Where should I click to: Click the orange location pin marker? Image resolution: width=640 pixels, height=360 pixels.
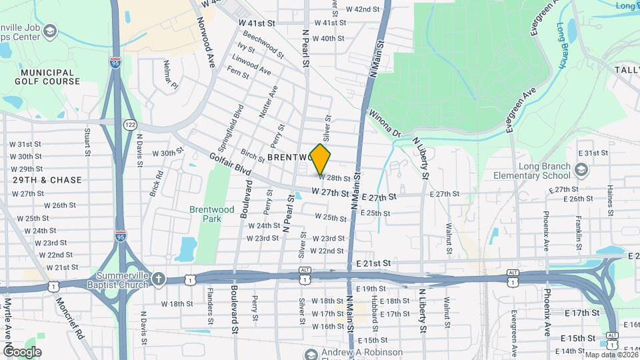coord(321,159)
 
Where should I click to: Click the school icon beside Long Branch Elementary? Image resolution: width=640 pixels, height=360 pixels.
coord(582,171)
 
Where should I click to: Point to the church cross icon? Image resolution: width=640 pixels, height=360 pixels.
coord(158,278)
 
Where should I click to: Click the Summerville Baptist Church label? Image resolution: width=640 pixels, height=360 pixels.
coord(111,280)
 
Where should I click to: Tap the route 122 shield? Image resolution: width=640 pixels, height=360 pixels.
coord(130,125)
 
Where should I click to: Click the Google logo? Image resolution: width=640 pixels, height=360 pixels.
coord(22,351)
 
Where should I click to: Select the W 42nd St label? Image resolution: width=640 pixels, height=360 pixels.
coord(363,9)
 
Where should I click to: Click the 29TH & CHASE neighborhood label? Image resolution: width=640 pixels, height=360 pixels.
coord(47,180)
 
